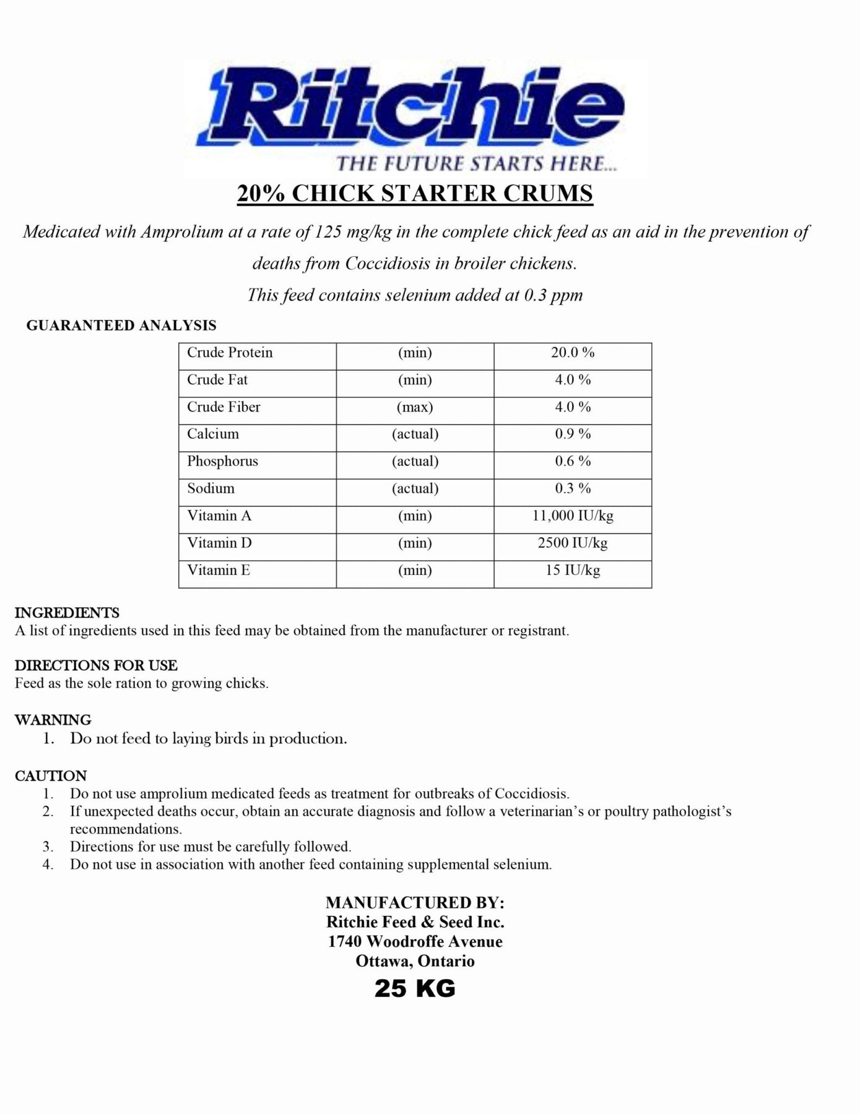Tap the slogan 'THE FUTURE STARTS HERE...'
tap(476, 163)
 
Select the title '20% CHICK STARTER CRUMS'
tap(415, 194)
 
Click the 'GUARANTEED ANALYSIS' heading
tap(121, 326)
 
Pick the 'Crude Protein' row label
tap(230, 353)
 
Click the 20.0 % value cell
tap(573, 353)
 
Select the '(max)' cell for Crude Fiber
tap(415, 407)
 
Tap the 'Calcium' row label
tap(213, 434)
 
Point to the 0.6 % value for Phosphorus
tap(573, 461)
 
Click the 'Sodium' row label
tap(211, 488)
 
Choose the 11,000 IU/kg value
tap(573, 516)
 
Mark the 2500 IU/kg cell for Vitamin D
tap(573, 543)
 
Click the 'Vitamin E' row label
tap(219, 570)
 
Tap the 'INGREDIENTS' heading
tap(67, 613)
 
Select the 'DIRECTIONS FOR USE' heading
tap(96, 665)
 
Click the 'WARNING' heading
tap(53, 720)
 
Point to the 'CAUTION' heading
tap(51, 775)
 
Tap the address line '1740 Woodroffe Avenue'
tap(415, 941)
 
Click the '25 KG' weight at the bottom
tap(415, 988)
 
